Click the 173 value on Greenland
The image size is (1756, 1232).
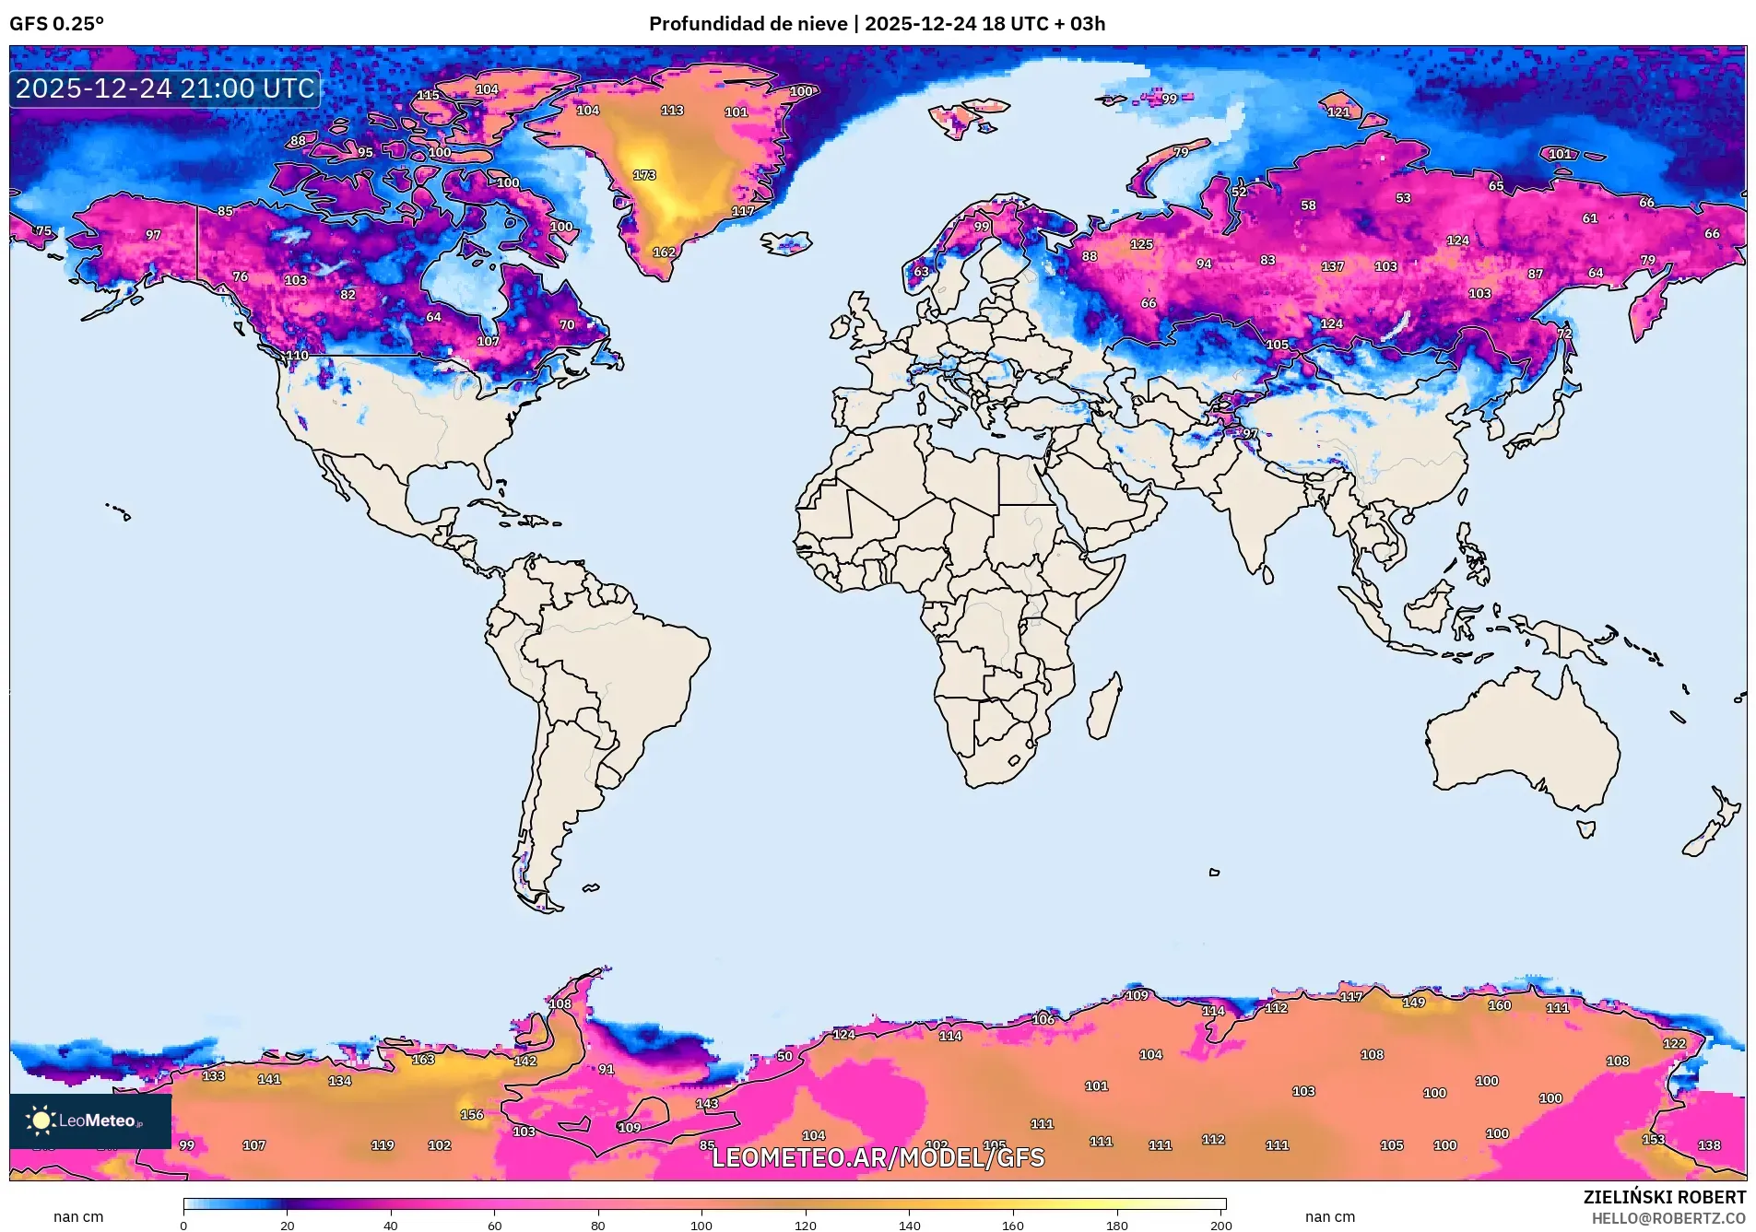pyautogui.click(x=644, y=175)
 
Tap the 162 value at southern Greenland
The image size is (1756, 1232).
pyautogui.click(x=664, y=252)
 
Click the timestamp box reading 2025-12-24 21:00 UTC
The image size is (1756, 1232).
pyautogui.click(x=165, y=88)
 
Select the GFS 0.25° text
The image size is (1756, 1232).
pyautogui.click(x=56, y=24)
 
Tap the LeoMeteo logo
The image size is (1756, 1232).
pyautogui.click(x=89, y=1121)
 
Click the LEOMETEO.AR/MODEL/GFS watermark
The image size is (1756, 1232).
pyautogui.click(x=878, y=1157)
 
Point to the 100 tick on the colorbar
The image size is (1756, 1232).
pyautogui.click(x=701, y=1226)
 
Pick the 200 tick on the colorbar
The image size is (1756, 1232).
pyautogui.click(x=1220, y=1226)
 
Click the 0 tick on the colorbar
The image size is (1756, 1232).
pyautogui.click(x=183, y=1226)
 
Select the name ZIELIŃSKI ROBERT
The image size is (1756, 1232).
pyautogui.click(x=1664, y=1197)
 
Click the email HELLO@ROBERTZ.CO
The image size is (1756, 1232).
pyautogui.click(x=1668, y=1218)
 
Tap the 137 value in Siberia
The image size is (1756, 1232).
pyautogui.click(x=1332, y=266)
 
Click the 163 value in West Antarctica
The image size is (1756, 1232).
pyautogui.click(x=423, y=1060)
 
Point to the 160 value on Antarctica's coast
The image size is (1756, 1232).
pyautogui.click(x=1499, y=1005)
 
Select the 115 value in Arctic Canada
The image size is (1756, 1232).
pyautogui.click(x=428, y=96)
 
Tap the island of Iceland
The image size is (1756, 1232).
pyautogui.click(x=786, y=242)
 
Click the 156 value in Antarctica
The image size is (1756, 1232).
pyautogui.click(x=472, y=1115)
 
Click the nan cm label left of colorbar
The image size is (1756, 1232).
pyautogui.click(x=78, y=1217)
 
